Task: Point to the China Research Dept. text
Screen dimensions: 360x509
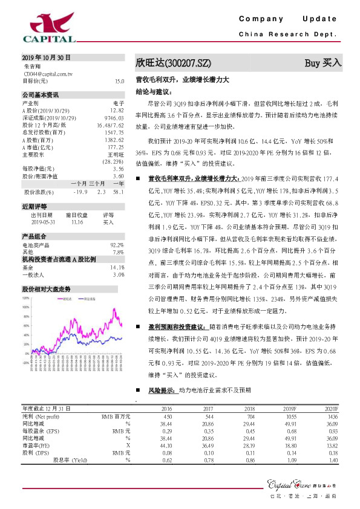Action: [x=287, y=34]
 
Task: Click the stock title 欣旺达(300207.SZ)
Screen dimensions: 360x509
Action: [x=173, y=62]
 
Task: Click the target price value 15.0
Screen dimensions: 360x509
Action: [x=119, y=81]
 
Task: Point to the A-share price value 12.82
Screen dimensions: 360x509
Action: [x=117, y=111]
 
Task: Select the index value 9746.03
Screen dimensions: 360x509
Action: [x=114, y=118]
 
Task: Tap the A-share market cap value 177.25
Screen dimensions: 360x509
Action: [x=116, y=147]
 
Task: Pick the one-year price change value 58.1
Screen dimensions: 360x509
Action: [x=119, y=192]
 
